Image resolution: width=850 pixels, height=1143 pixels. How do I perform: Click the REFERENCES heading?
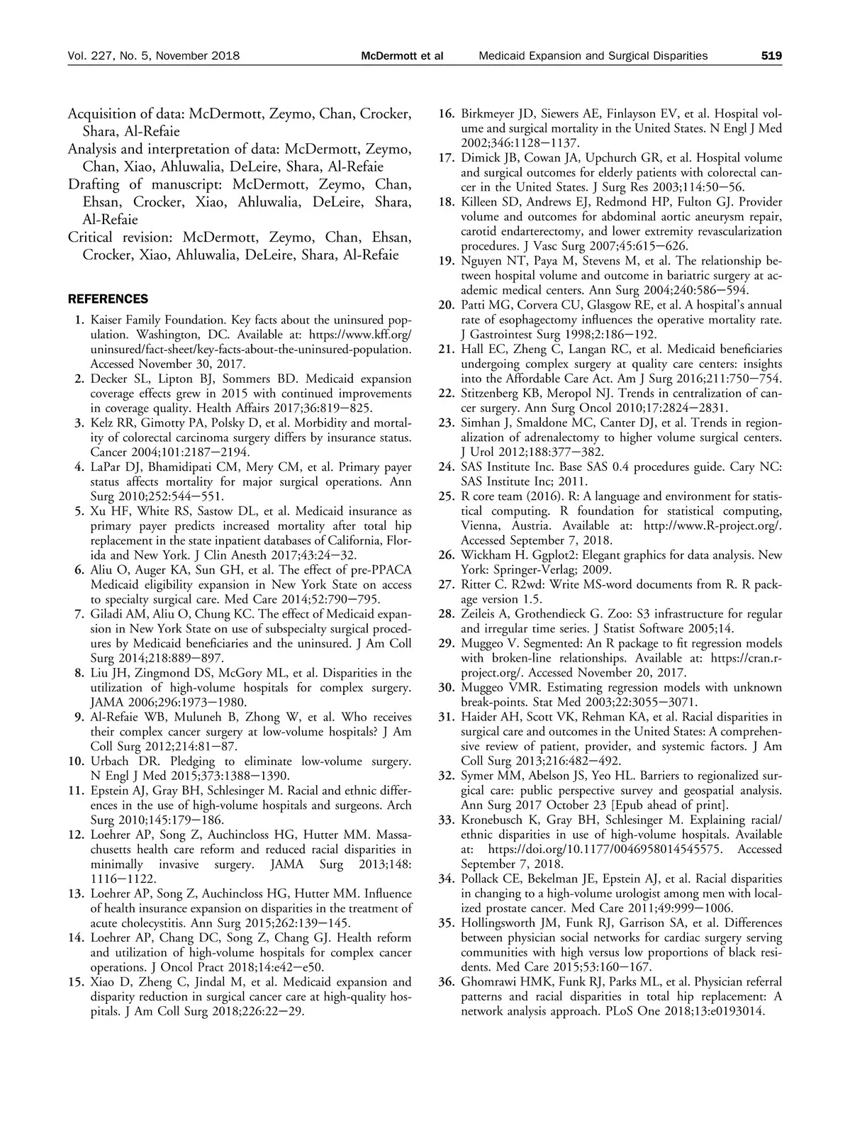[108, 299]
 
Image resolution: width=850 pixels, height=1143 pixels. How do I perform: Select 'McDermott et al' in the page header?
[402, 55]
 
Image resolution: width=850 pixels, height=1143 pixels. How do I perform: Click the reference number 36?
[445, 982]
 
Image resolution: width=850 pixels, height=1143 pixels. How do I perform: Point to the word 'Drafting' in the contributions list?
[94, 184]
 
